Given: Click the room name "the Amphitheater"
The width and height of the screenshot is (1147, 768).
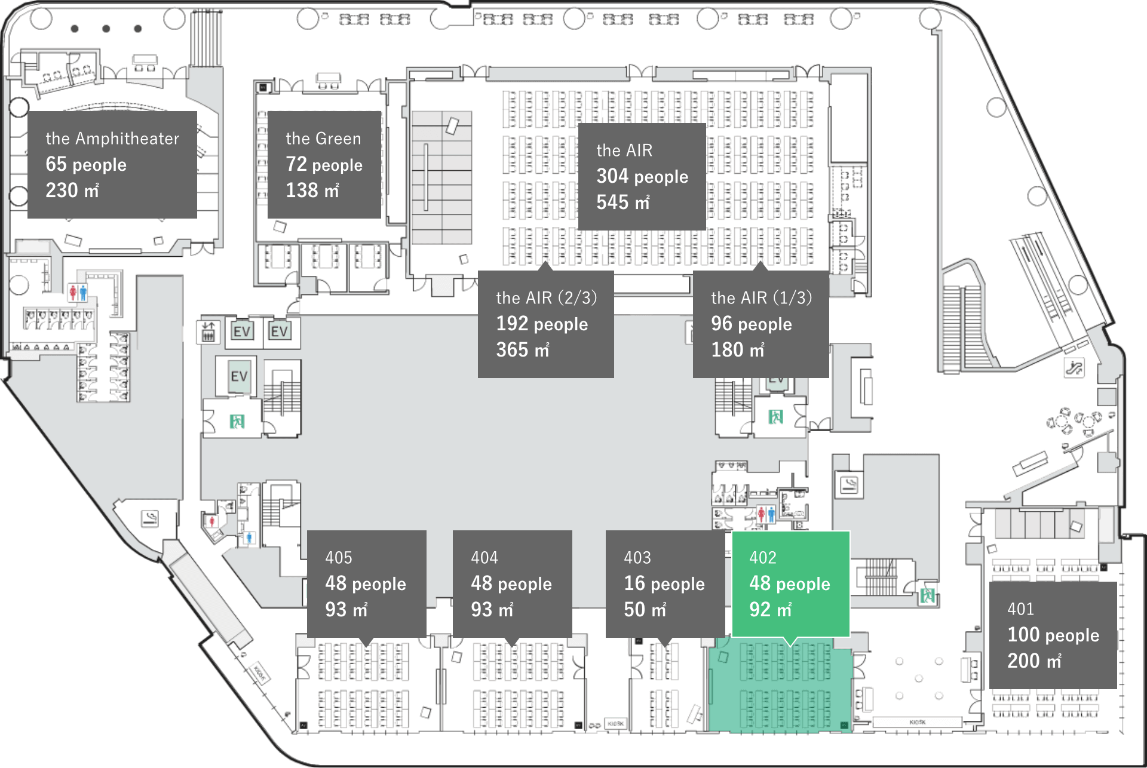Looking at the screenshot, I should point(112,139).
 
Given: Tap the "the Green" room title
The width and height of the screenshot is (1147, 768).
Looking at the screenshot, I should point(323,139).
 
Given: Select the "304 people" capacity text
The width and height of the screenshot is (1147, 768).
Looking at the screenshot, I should point(642,176).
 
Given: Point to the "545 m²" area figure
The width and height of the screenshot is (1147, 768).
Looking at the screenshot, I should point(622,202).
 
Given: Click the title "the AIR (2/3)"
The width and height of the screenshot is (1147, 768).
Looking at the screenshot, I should point(546,297).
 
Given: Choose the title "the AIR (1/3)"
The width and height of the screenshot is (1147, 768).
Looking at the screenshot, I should point(761,297).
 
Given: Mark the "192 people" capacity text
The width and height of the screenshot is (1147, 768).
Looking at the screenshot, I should point(542,324).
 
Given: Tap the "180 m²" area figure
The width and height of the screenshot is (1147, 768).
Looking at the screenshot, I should point(737,349).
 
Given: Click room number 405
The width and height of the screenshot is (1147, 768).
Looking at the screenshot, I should point(339,558).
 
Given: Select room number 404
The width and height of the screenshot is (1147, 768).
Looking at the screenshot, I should point(484,558).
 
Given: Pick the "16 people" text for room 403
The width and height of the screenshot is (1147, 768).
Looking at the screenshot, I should point(664,583).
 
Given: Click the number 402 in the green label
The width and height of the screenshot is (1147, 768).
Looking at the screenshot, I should point(763,558).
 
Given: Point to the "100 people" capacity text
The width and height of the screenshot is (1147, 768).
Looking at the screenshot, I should point(1053,635).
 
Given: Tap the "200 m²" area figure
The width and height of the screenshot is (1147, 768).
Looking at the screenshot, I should point(1034,661).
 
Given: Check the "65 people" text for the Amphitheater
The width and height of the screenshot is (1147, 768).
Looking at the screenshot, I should point(86,164).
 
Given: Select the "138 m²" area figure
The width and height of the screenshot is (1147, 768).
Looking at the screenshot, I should point(312,191).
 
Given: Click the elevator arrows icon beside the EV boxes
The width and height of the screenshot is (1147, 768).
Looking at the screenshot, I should point(208,331).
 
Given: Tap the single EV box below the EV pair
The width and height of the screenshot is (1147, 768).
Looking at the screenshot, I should point(239,377).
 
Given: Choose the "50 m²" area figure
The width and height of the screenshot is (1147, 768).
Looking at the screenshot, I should point(645,610).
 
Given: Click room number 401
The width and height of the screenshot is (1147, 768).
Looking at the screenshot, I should point(1020,609).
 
